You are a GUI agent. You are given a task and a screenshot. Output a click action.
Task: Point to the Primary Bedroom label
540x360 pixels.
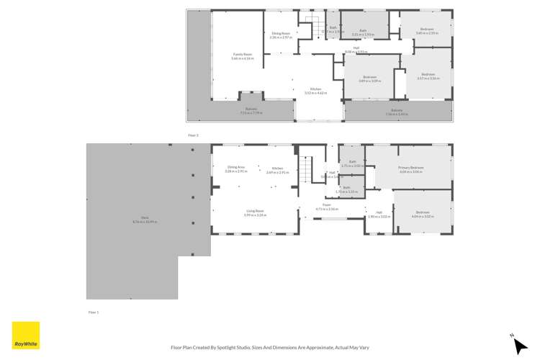click(411, 169)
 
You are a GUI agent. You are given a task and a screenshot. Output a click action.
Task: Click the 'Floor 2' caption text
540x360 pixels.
click(193, 135)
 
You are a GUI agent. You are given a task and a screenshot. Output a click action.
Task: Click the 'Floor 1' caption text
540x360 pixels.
click(93, 312)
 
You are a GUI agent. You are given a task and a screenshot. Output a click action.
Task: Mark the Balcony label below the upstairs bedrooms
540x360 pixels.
click(397, 112)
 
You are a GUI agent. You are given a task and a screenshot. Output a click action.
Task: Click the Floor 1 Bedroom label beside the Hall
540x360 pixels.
click(422, 214)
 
